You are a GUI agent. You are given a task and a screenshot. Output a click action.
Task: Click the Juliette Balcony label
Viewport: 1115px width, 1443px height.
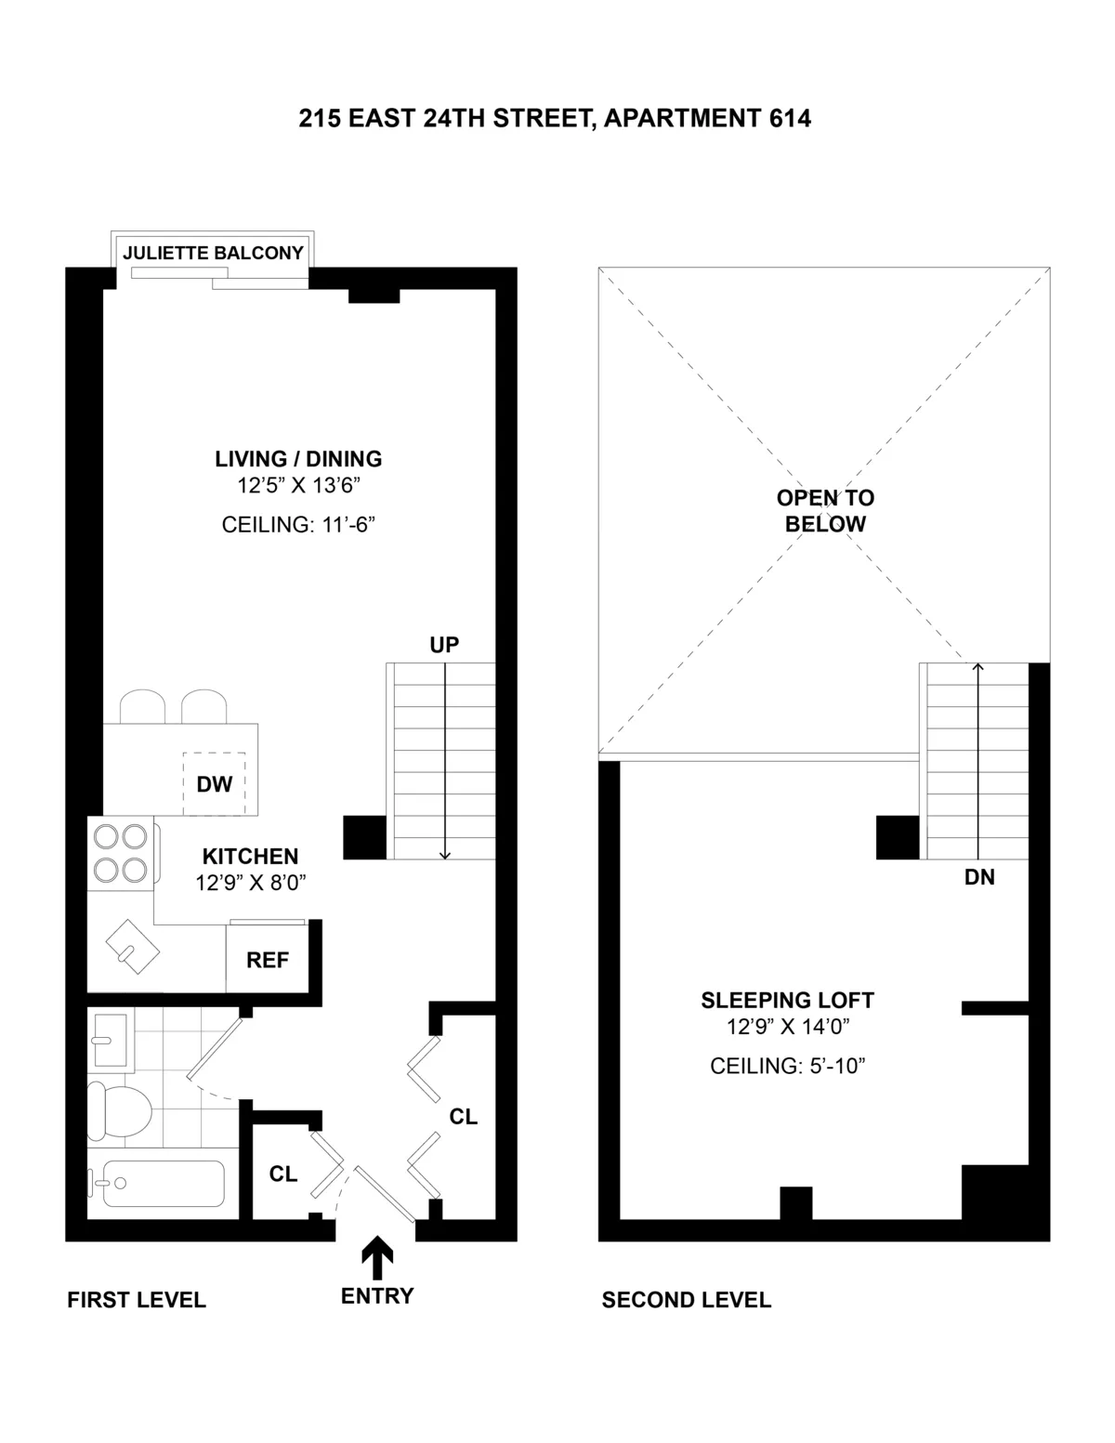tap(213, 253)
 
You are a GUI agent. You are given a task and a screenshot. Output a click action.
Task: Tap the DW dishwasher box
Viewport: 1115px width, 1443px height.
tap(214, 784)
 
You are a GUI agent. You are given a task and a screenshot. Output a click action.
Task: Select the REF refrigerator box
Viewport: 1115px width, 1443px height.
tap(268, 960)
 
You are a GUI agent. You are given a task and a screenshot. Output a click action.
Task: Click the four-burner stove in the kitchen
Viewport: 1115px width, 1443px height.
tap(122, 853)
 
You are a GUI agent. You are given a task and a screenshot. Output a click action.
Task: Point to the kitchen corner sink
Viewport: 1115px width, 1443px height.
tap(132, 947)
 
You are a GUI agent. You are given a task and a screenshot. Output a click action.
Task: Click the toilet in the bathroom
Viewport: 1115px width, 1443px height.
tap(118, 1109)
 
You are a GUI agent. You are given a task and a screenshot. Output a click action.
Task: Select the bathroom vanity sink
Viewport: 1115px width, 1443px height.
tap(111, 1040)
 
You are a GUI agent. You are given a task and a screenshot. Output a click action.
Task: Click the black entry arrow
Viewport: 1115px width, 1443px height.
tap(376, 1256)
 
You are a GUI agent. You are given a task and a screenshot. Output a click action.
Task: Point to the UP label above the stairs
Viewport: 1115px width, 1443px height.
tap(444, 645)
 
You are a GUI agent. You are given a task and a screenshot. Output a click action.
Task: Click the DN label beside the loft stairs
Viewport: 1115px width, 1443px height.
tap(979, 876)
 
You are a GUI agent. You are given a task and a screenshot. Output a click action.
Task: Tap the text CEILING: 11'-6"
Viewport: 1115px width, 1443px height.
tap(297, 525)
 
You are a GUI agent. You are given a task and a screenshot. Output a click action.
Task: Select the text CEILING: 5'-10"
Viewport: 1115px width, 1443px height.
tap(787, 1066)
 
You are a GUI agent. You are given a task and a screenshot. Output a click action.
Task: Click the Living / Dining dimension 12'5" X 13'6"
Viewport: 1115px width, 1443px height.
tap(297, 485)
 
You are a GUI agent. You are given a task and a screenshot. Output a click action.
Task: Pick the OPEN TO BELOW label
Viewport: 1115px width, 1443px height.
tap(825, 511)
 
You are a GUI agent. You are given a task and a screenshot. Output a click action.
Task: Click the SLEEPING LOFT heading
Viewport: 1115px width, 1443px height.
tap(787, 1001)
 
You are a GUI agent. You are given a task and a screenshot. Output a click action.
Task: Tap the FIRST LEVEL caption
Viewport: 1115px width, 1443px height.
tap(137, 1300)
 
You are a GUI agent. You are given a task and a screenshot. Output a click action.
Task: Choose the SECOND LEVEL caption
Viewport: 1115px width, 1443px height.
tap(686, 1300)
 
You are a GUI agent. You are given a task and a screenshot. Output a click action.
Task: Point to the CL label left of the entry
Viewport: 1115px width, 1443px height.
tap(283, 1174)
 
